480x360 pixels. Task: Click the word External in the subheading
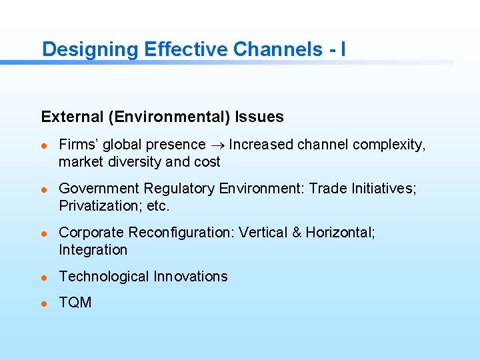point(69,117)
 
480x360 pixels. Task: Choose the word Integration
point(93,250)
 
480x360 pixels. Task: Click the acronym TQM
point(75,303)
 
